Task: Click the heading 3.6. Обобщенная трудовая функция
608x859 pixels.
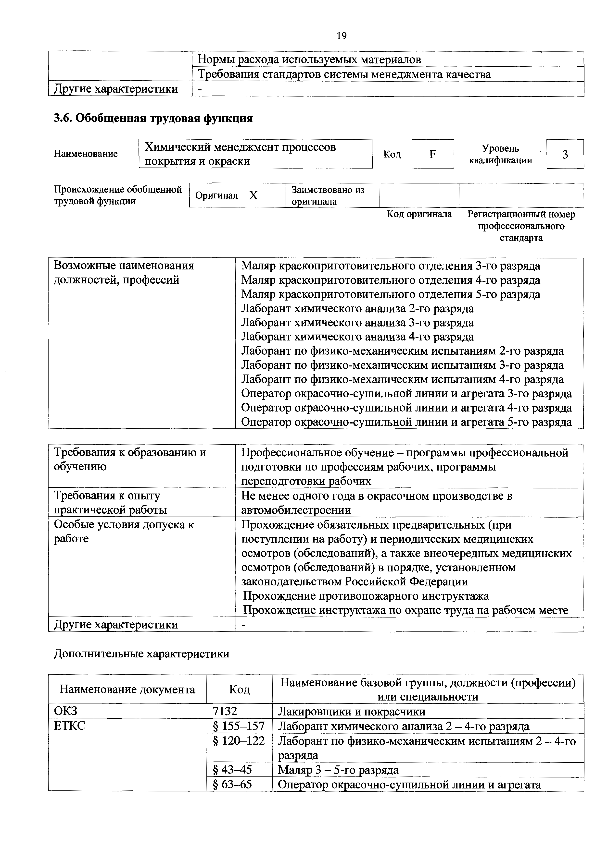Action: click(153, 119)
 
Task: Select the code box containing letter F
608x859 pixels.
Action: click(433, 154)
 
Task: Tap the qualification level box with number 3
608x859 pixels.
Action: click(565, 154)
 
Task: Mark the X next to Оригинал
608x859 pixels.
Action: click(253, 195)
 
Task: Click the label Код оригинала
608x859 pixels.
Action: click(419, 214)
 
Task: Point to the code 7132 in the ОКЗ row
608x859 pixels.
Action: click(225, 711)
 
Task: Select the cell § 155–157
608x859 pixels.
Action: click(239, 726)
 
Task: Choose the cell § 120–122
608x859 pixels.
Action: click(239, 741)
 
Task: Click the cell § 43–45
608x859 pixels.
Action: click(232, 770)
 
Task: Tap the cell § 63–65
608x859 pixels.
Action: click(232, 784)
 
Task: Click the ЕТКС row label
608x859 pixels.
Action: click(70, 726)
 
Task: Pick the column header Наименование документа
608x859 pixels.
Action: click(127, 690)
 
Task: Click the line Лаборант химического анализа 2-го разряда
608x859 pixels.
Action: click(357, 309)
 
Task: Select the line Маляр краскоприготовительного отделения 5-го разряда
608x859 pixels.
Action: click(391, 294)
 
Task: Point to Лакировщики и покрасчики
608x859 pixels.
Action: click(352, 712)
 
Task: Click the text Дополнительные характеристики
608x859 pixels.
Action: click(141, 653)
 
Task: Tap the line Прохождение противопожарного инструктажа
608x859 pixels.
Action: click(366, 596)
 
